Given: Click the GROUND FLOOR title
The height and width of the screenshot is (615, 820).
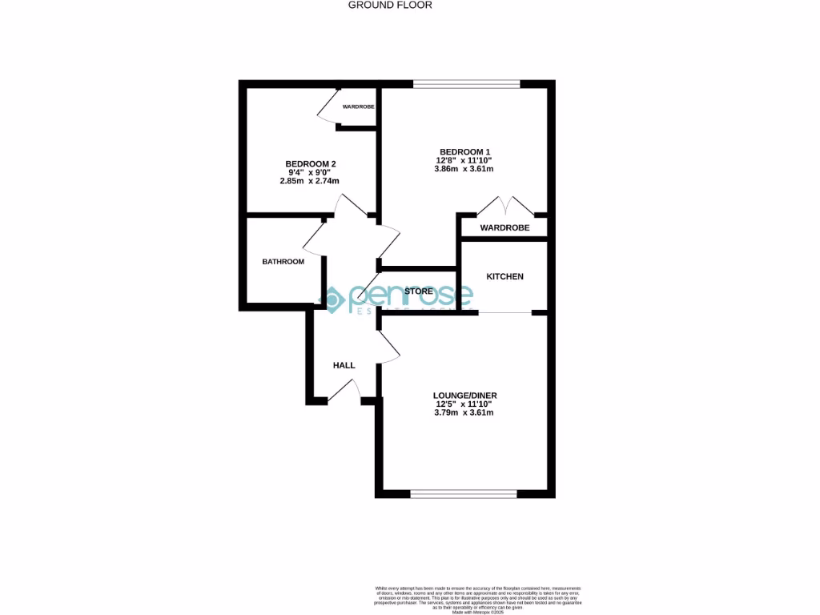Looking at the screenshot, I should click(x=390, y=5).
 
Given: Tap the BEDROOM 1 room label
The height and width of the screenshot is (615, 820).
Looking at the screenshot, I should click(x=464, y=152).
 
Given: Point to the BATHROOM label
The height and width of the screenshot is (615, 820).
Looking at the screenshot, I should click(x=283, y=262).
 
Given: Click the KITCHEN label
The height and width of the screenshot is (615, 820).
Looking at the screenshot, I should click(x=504, y=277).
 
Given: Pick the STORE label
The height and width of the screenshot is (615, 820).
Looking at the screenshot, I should click(x=419, y=291).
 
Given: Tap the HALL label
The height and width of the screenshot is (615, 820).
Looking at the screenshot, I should click(x=344, y=366).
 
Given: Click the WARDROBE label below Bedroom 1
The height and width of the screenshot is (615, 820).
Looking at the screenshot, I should click(x=504, y=228).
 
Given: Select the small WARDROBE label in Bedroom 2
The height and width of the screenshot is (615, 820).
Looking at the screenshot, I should click(x=358, y=107).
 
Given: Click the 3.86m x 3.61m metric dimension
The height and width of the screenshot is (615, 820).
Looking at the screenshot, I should click(x=464, y=170).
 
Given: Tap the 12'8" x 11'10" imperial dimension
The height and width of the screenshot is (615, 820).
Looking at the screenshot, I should click(x=464, y=161).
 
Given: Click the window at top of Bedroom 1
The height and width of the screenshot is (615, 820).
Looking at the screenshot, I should click(x=466, y=83).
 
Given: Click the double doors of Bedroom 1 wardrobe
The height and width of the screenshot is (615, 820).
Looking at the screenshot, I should click(x=505, y=207).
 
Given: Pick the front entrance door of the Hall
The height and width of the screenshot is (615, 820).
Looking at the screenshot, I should click(x=344, y=389).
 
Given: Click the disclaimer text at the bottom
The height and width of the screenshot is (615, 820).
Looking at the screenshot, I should click(x=478, y=598).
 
